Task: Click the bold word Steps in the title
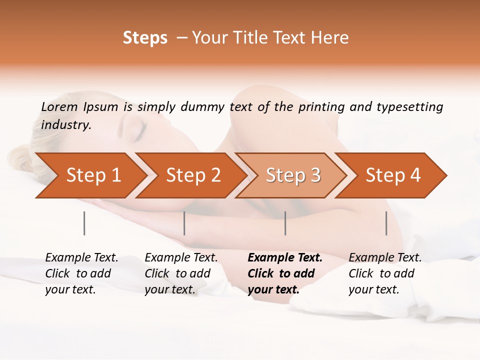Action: point(145,38)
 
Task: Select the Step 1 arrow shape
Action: point(90,175)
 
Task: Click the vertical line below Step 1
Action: point(84,223)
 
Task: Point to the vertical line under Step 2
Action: point(184,223)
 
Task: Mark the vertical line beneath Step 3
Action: point(285,223)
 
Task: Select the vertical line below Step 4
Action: point(386,223)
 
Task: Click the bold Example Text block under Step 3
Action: point(285,273)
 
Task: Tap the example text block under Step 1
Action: point(81,273)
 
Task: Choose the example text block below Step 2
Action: point(181,273)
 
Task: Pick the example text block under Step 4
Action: point(385,273)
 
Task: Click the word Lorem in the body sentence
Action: point(59,107)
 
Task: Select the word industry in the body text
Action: point(65,125)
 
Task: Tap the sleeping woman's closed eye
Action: point(138,131)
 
